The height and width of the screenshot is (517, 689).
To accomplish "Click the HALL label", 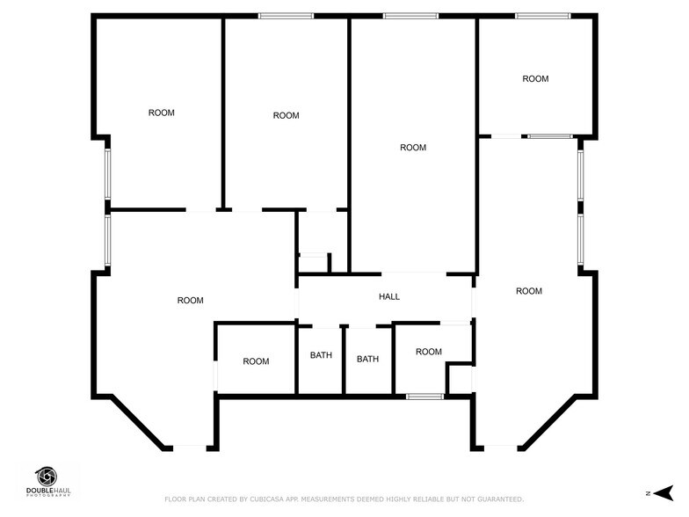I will (389, 297).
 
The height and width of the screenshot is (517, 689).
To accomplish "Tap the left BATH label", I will (321, 356).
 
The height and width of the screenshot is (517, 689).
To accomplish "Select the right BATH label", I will (367, 360).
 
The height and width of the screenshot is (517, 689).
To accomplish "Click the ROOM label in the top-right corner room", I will (535, 79).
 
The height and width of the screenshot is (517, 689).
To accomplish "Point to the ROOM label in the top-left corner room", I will (161, 113).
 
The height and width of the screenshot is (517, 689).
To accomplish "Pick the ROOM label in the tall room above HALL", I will (413, 148).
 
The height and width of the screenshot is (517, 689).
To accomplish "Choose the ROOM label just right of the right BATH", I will (429, 353).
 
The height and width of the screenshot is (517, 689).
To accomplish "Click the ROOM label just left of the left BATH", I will (256, 361).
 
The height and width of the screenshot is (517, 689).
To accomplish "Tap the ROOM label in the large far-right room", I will (529, 291).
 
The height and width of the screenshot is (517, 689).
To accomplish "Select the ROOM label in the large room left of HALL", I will (190, 301).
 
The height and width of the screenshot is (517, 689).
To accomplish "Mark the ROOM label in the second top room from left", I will (286, 116).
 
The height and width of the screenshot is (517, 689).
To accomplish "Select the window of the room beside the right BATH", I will (424, 397).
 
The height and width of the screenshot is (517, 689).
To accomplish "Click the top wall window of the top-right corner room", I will (542, 16).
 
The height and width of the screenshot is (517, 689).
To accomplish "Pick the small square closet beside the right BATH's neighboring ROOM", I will (460, 379).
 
